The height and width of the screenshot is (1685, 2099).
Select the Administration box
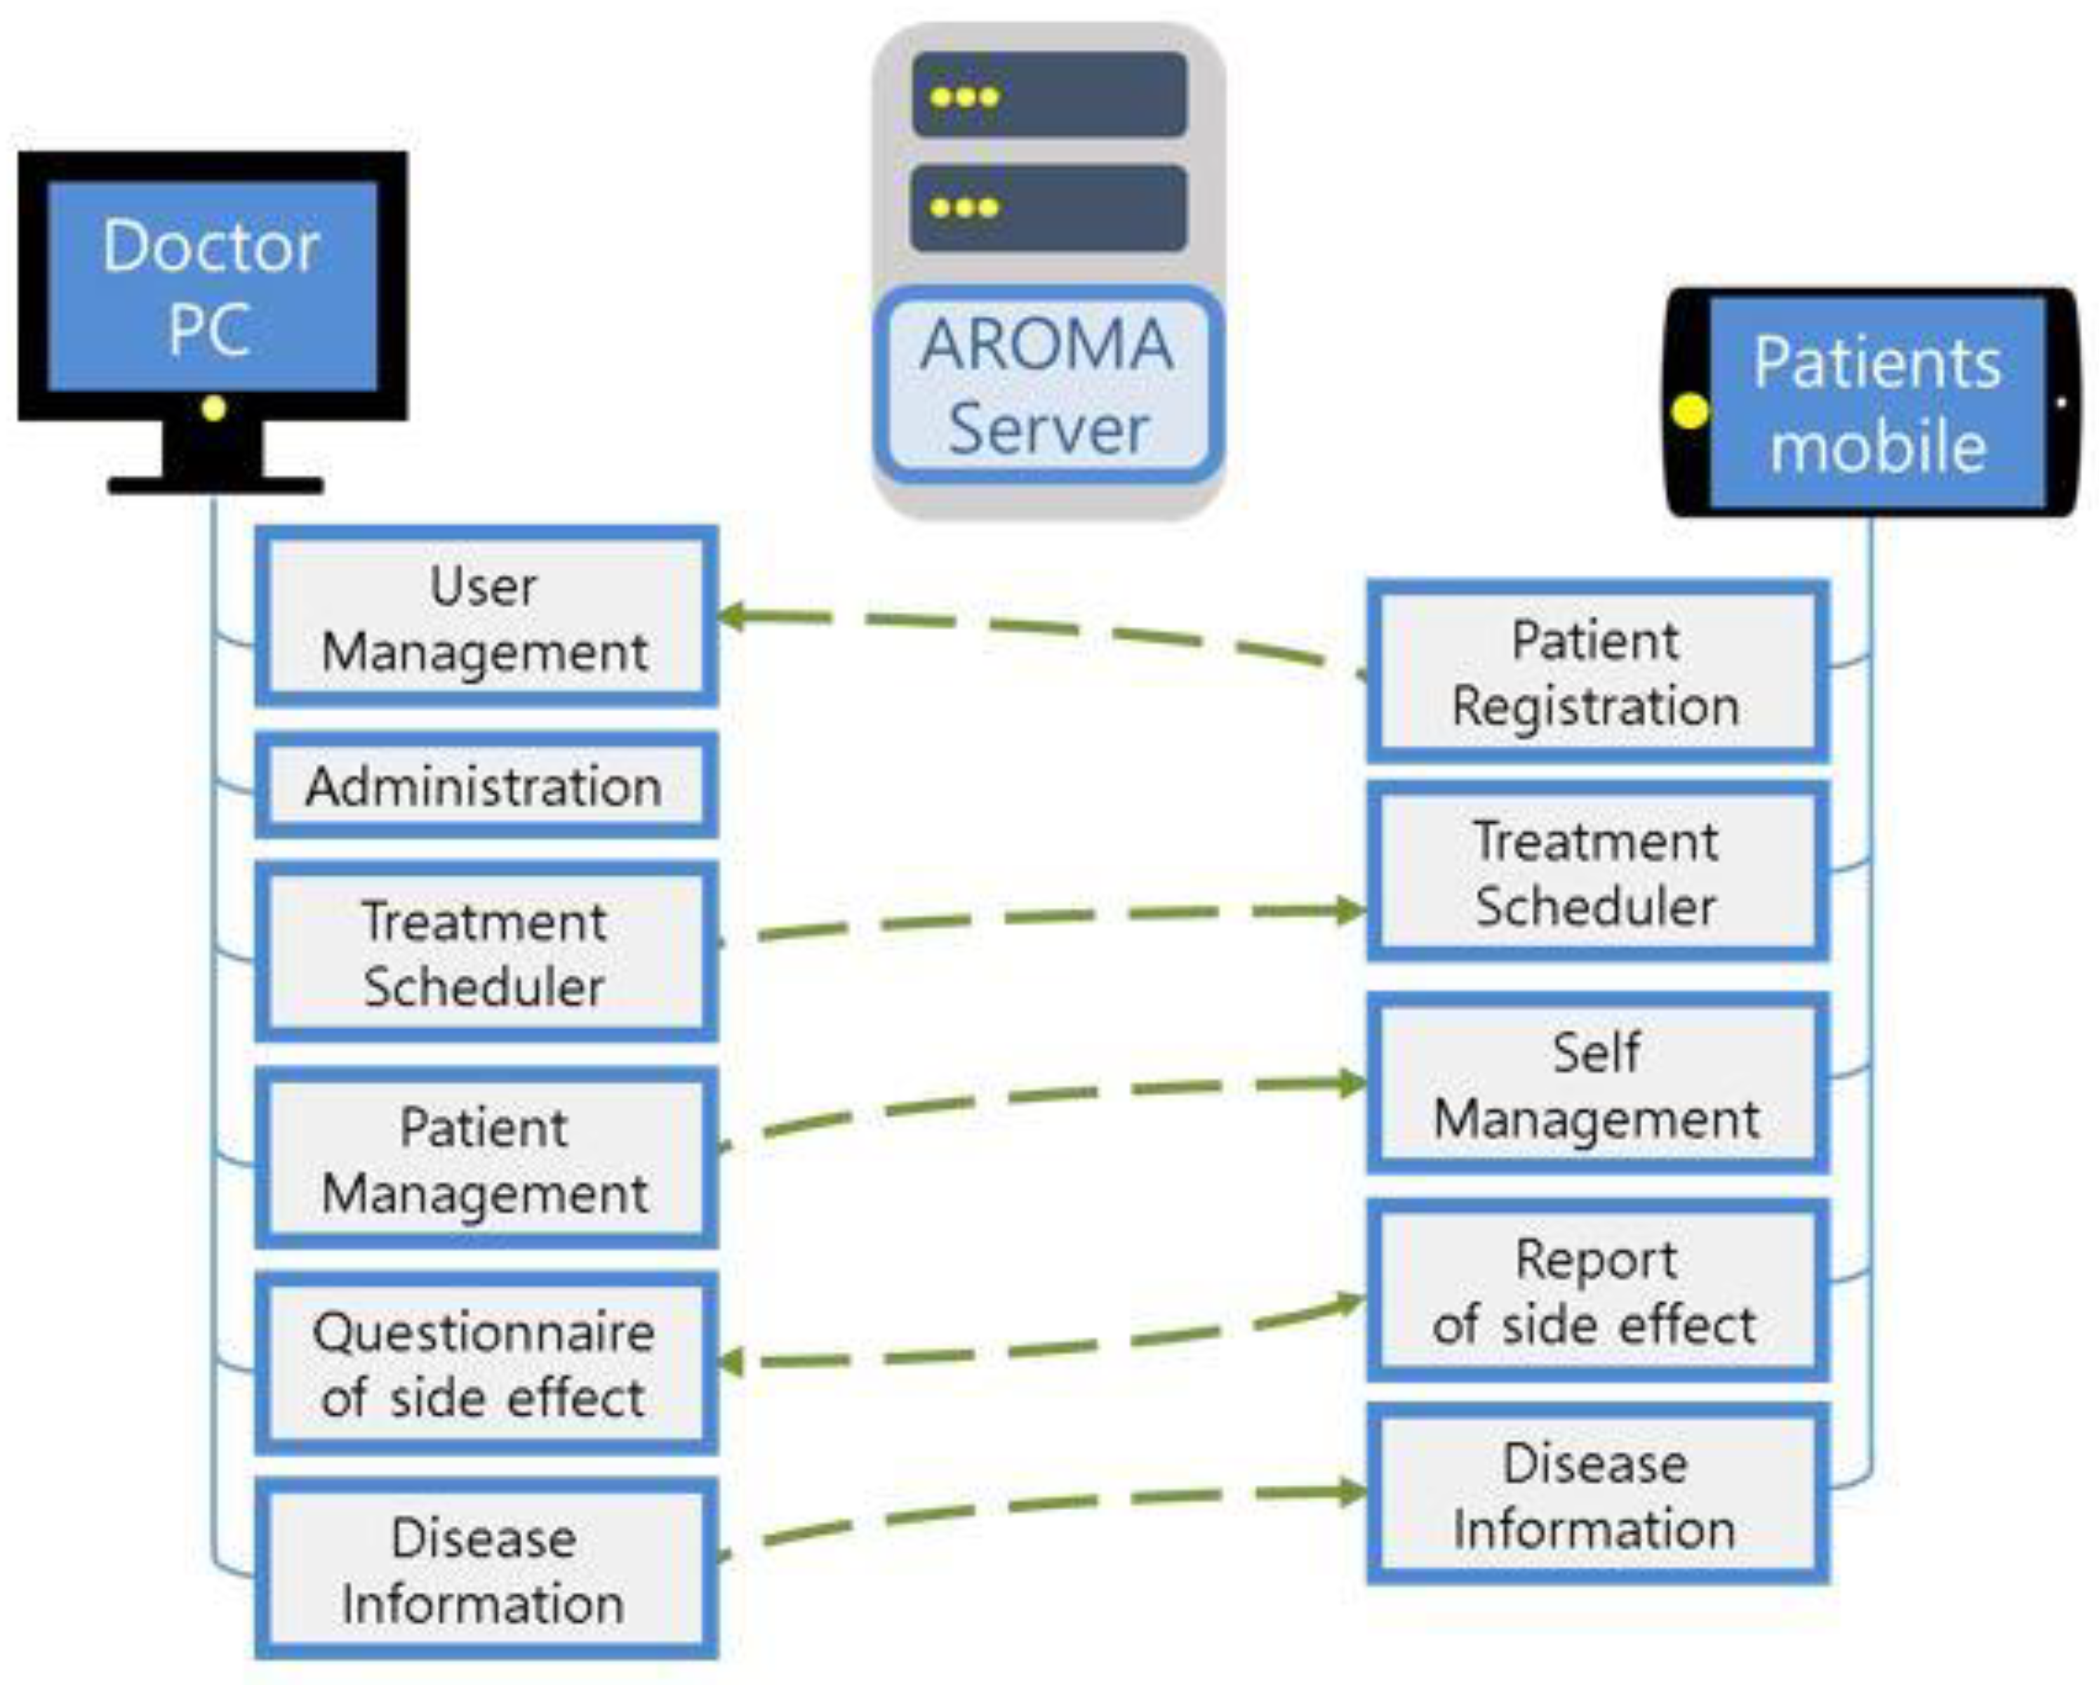486,785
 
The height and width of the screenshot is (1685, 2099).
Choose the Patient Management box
486,1159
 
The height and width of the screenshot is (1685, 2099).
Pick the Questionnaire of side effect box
486,1363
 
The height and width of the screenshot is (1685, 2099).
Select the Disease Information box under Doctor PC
486,1570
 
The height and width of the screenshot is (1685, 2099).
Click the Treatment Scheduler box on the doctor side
486,953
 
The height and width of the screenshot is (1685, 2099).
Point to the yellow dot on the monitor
213,408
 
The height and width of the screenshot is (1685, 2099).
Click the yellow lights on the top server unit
964,96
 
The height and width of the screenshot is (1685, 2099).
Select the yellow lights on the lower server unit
964,207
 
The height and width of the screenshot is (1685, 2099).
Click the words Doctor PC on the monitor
211,286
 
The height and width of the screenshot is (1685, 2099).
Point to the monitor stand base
214,484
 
